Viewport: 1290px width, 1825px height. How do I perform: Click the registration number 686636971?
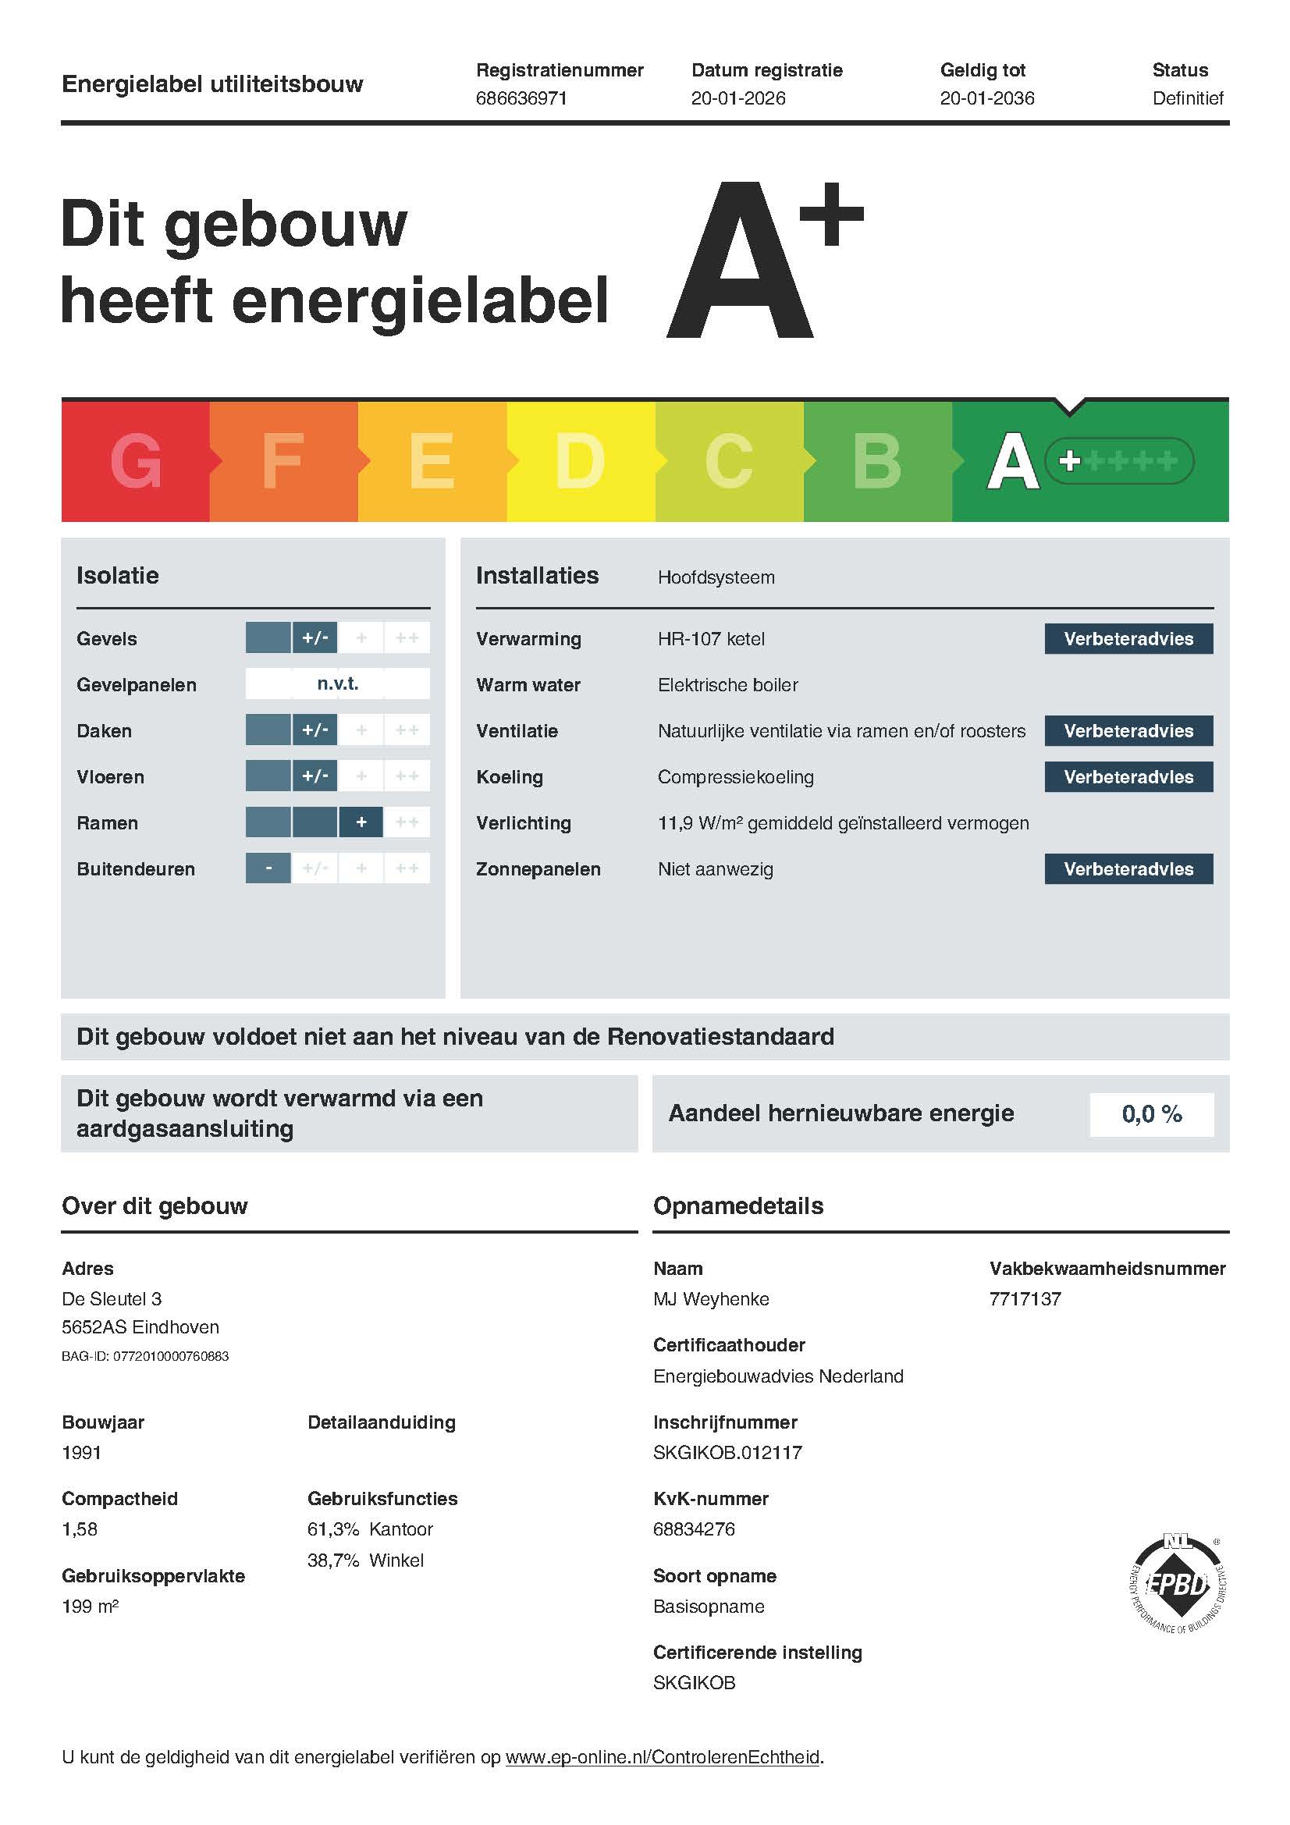click(x=521, y=98)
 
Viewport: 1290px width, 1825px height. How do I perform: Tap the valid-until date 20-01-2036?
click(x=986, y=98)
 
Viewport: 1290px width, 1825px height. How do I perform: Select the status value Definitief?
click(x=1188, y=98)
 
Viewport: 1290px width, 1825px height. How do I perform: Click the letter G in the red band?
click(x=136, y=461)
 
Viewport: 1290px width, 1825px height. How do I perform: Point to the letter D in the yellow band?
click(x=579, y=461)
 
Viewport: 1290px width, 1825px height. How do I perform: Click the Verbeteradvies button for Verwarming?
click(x=1128, y=639)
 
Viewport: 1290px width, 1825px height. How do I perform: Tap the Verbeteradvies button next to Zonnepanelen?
click(x=1128, y=869)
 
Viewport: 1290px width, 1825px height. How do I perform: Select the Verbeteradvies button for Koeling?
click(x=1128, y=777)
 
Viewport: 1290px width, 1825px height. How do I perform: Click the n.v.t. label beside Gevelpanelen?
click(x=338, y=684)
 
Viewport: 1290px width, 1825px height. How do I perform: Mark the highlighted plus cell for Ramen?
click(x=361, y=822)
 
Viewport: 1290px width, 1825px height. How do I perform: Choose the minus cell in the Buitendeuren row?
click(x=268, y=868)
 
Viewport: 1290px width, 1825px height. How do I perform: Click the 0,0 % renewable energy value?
click(x=1151, y=1114)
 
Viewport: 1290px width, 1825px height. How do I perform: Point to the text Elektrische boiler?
click(x=727, y=685)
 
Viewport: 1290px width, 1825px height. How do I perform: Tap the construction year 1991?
click(x=81, y=1453)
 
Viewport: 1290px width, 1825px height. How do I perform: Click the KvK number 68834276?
click(x=694, y=1529)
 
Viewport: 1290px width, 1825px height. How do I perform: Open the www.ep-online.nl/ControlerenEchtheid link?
click(x=662, y=1757)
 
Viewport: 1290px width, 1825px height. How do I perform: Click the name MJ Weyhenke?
click(x=711, y=1300)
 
